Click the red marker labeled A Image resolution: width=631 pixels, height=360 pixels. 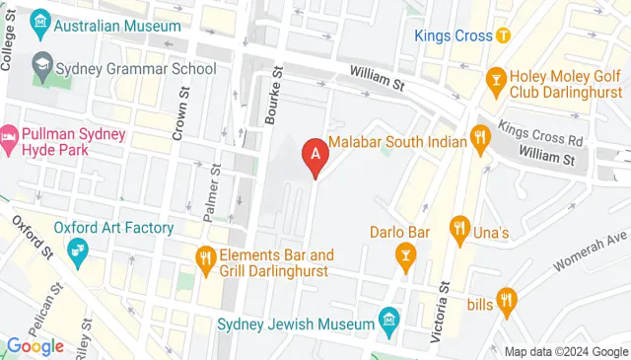[x=315, y=154]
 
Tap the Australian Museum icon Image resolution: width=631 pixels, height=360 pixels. [x=41, y=20]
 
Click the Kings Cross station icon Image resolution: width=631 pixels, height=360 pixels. [x=503, y=36]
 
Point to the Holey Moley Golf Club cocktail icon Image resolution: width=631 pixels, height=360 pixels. [x=497, y=77]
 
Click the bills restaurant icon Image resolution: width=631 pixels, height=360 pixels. [x=506, y=298]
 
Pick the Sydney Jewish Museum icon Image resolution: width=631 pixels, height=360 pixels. [x=388, y=322]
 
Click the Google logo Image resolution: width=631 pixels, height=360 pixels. [x=35, y=346]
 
